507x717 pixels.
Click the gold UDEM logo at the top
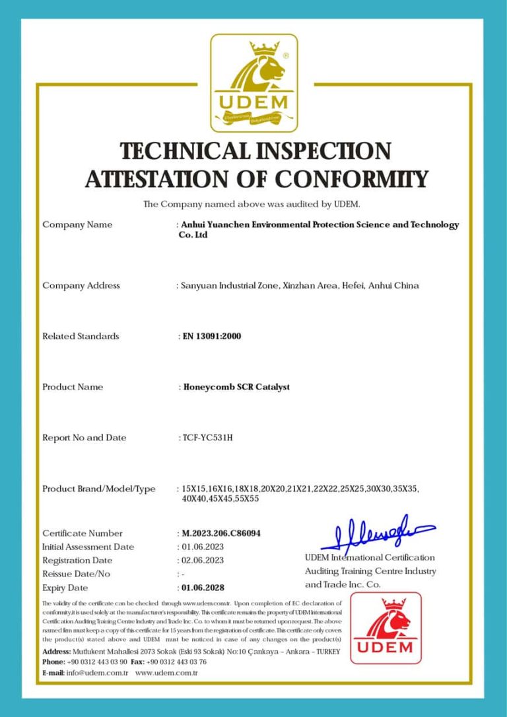253,83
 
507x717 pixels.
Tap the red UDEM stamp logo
386,628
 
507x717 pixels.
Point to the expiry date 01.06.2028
203,587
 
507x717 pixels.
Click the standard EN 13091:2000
211,336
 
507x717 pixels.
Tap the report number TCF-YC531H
207,438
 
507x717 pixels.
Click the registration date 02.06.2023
203,560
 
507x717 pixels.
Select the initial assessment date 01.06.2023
203,547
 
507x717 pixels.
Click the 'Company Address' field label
81,286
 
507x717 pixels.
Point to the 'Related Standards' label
81,336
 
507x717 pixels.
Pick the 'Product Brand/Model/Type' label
99,489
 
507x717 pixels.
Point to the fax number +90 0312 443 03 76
176,662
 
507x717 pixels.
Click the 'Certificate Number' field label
83,533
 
